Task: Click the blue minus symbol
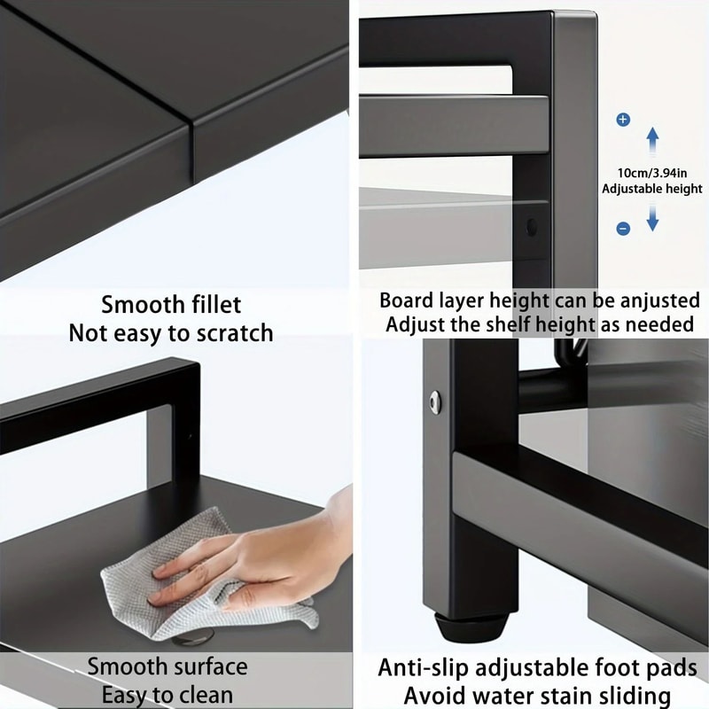click(623, 229)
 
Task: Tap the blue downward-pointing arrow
click(652, 215)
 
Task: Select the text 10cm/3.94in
click(652, 173)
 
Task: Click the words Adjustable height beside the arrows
click(652, 189)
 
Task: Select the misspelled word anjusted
click(654, 300)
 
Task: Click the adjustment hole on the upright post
click(532, 227)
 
